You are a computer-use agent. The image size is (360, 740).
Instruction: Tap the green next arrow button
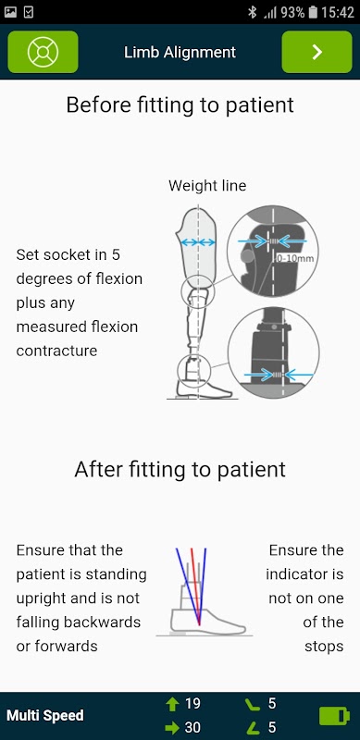(317, 52)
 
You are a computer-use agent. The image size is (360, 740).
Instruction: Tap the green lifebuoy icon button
(43, 52)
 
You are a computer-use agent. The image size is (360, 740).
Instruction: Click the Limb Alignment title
(180, 53)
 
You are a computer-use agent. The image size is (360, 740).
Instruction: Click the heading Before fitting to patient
(180, 105)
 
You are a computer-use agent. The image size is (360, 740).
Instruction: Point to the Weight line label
(207, 186)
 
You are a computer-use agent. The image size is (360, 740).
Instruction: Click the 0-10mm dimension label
(295, 259)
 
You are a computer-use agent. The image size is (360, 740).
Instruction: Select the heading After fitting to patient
(180, 470)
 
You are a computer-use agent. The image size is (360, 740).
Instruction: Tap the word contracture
(56, 351)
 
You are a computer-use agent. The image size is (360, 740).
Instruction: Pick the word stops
(324, 647)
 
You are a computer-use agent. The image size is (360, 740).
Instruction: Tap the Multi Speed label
(44, 716)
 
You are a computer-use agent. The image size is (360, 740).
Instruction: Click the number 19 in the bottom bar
(192, 704)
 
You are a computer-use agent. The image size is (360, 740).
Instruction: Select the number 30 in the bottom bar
(192, 727)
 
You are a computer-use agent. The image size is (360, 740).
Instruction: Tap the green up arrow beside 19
(172, 705)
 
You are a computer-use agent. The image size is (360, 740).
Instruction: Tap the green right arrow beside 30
(172, 728)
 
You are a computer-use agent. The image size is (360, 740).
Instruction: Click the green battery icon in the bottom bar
(334, 716)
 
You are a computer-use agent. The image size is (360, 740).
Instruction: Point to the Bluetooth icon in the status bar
(253, 12)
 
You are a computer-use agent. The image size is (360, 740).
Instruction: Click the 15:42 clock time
(338, 12)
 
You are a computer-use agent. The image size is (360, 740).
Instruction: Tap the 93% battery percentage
(292, 12)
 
